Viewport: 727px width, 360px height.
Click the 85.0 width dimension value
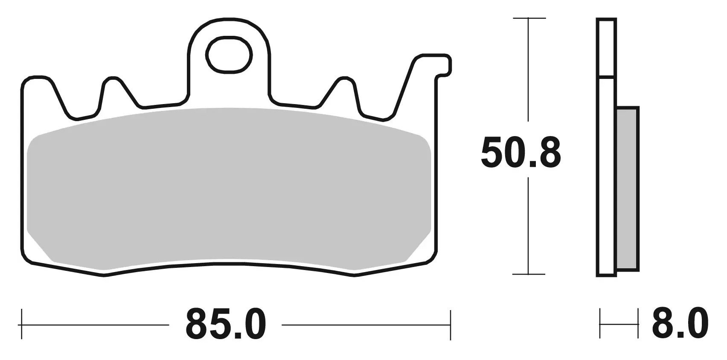click(x=226, y=324)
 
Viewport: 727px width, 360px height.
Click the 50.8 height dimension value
click(x=521, y=153)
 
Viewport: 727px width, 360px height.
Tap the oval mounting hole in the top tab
click(x=229, y=55)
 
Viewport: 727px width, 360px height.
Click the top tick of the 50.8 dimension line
click(x=529, y=18)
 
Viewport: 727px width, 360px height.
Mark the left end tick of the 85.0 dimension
click(x=21, y=324)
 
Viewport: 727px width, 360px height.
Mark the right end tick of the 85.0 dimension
click(x=451, y=325)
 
